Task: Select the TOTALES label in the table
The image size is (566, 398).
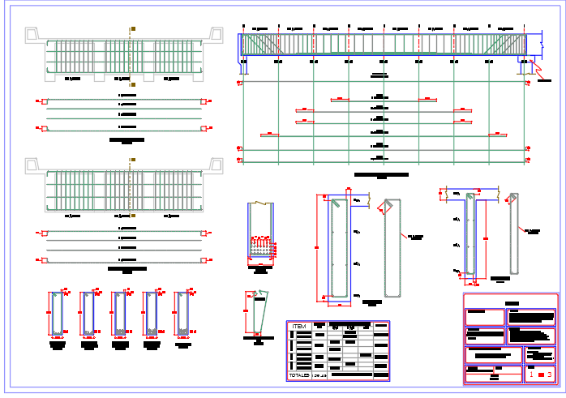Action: coord(298,376)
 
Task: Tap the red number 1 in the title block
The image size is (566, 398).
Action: coord(531,374)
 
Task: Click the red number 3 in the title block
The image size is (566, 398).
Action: coord(551,374)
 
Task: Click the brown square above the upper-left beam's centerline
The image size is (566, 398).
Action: coord(132,29)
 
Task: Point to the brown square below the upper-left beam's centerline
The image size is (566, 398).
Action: coord(132,83)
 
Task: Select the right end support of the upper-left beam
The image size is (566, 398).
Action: coord(216,35)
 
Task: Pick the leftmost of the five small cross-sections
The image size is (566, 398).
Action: coord(57,315)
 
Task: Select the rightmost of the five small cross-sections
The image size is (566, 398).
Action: coord(183,315)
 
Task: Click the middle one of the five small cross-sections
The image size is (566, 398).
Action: coord(120,315)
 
